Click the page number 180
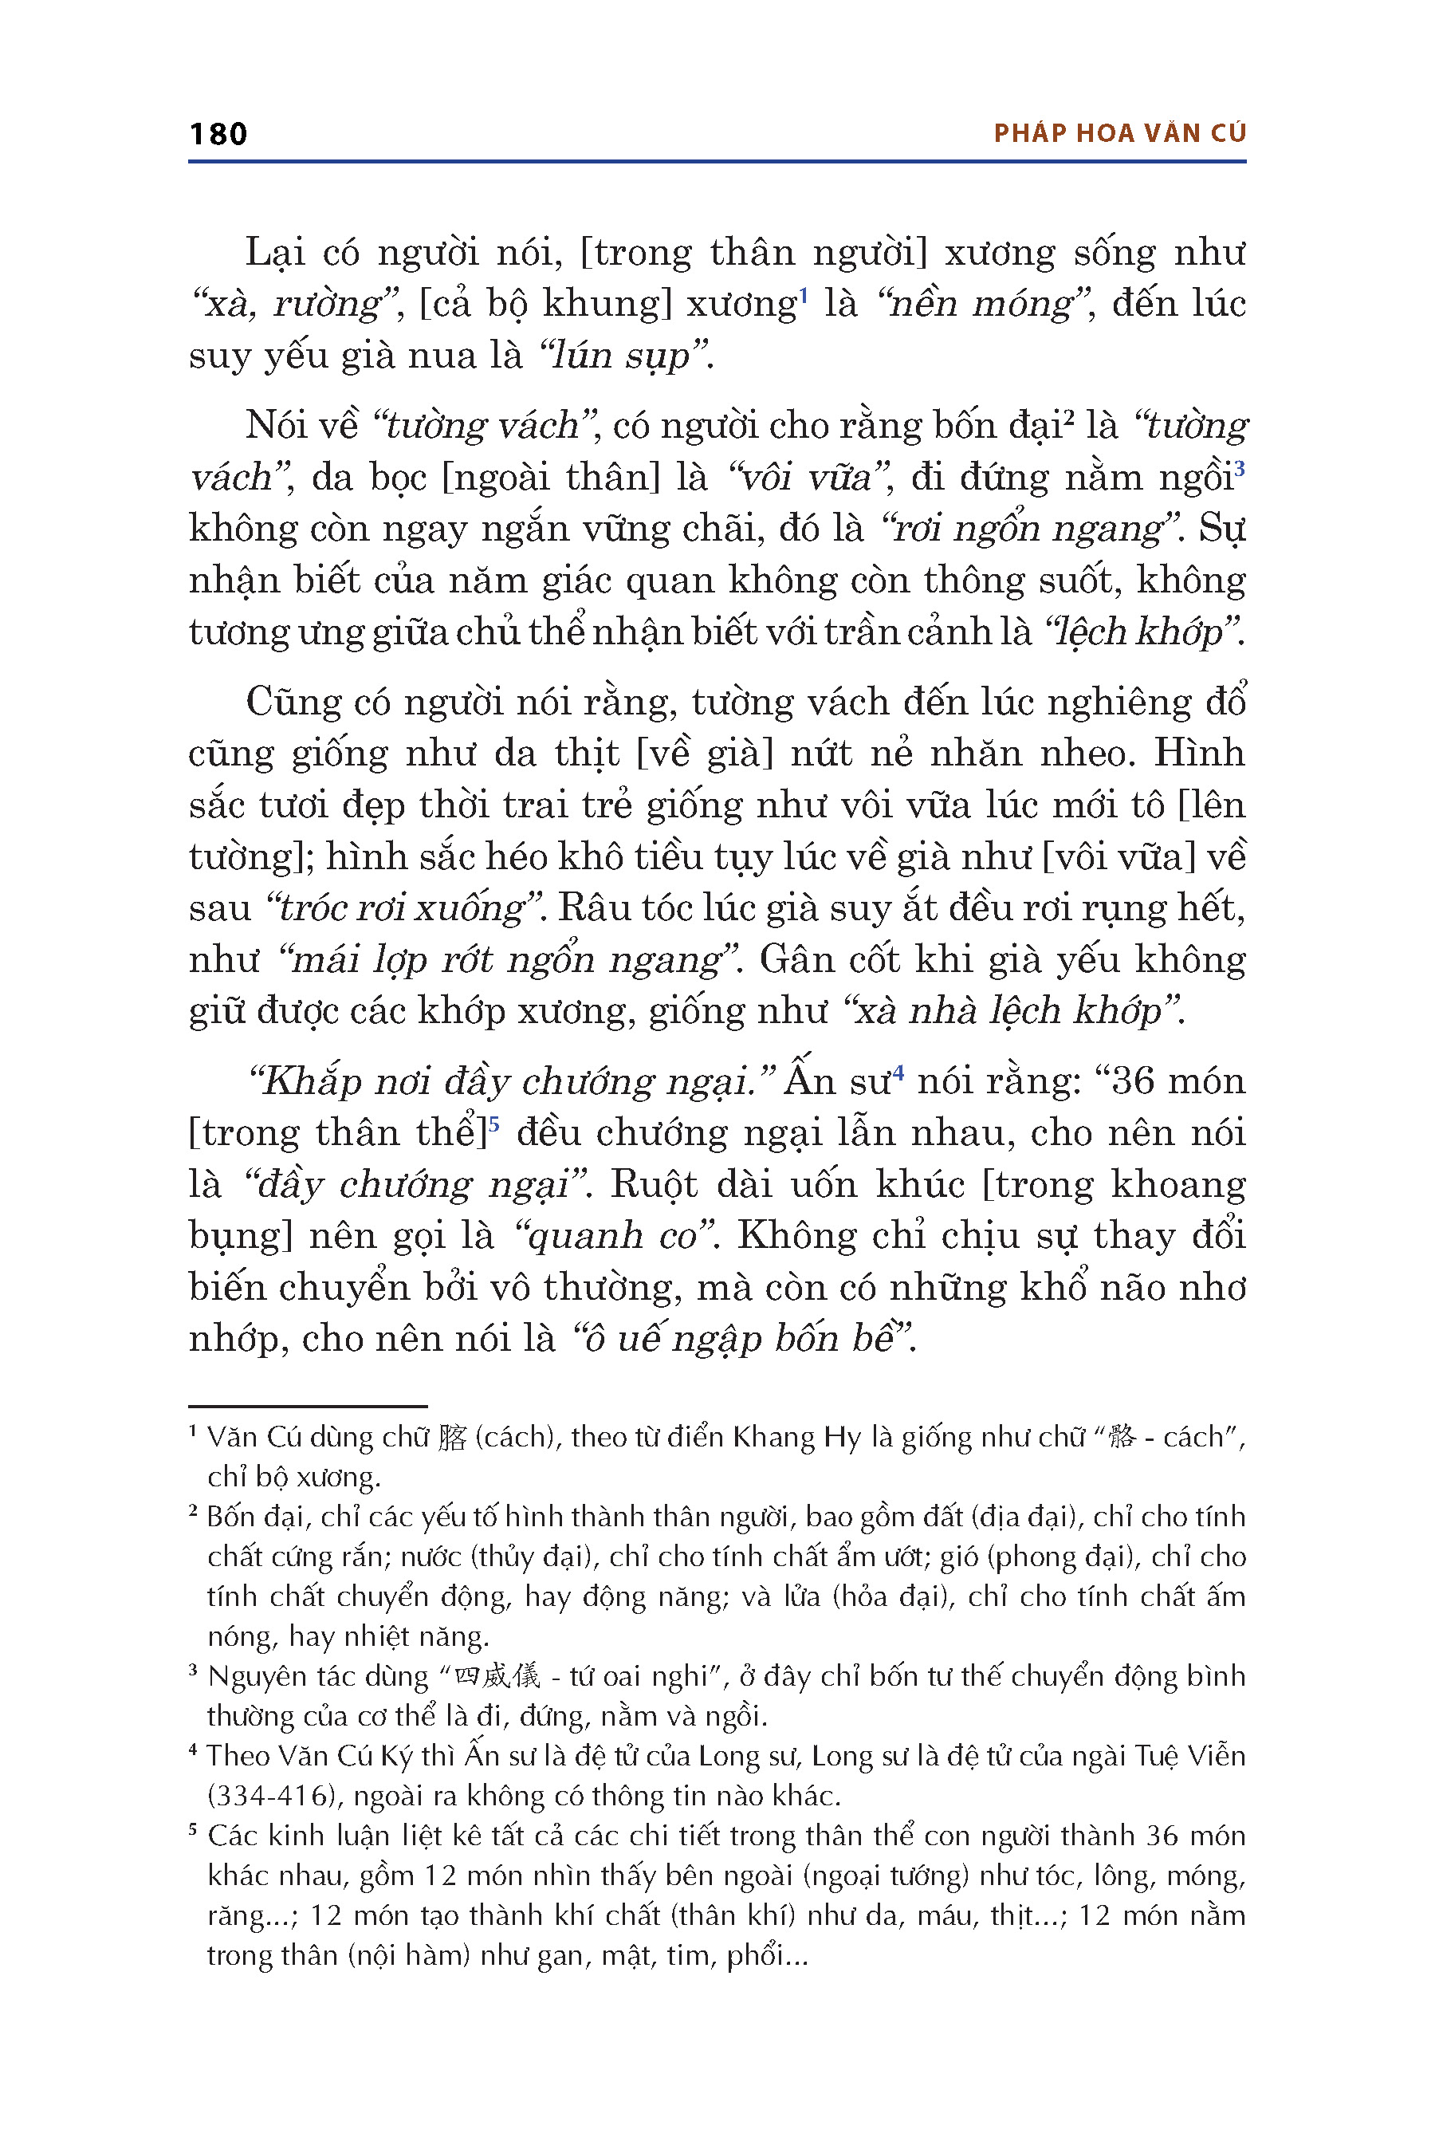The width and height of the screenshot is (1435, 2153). click(x=218, y=135)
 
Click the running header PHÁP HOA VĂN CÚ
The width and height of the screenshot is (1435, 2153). click(x=1119, y=134)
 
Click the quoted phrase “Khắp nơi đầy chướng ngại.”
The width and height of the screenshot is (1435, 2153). click(x=513, y=1082)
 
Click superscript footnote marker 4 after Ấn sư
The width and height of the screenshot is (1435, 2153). click(x=898, y=1072)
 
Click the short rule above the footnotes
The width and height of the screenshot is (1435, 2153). click(x=308, y=1405)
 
